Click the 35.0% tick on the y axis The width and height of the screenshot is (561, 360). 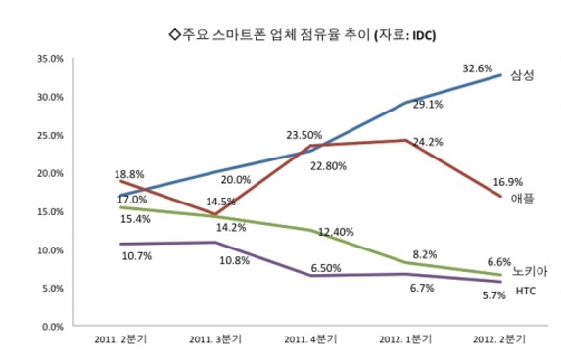(51, 59)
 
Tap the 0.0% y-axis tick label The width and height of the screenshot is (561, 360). (54, 326)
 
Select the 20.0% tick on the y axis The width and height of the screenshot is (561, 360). (51, 173)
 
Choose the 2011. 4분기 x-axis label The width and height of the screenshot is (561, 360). (308, 339)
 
